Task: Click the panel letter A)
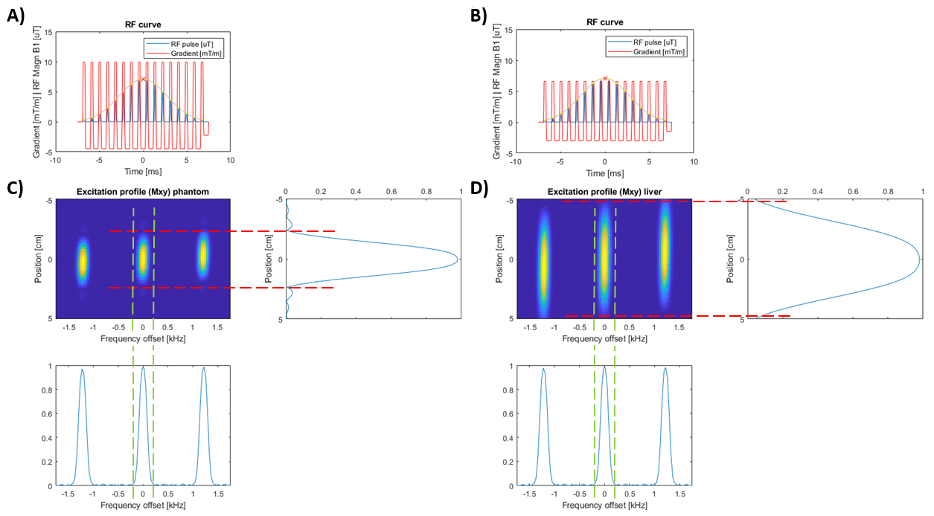[x=16, y=16]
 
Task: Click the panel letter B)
[x=479, y=16]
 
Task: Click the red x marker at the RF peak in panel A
[x=144, y=79]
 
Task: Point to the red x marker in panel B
[x=605, y=78]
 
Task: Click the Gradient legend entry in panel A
[x=189, y=52]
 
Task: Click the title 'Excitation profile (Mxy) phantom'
[x=142, y=192]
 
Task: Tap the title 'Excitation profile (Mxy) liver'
[x=604, y=192]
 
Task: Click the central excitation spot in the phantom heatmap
[x=143, y=259]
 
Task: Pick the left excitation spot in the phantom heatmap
[x=83, y=260]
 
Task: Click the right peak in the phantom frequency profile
[x=203, y=368]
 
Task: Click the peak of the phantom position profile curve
[x=457, y=259]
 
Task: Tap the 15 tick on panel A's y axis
[x=48, y=32]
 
